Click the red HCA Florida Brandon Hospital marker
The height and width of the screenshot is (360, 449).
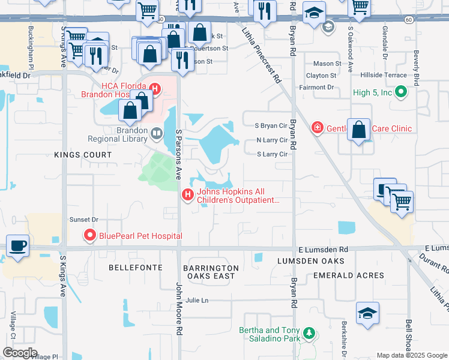pos(155,90)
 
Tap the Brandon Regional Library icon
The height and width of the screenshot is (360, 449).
pos(156,133)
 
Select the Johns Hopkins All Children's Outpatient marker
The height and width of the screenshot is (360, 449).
pos(187,196)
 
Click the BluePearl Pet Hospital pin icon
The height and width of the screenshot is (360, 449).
pos(90,235)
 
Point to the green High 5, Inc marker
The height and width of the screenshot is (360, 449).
pos(402,92)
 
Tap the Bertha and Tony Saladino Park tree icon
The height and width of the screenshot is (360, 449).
pos(309,332)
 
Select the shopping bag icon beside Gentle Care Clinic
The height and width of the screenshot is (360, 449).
pos(358,130)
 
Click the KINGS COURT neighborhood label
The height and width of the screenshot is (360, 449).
pos(83,155)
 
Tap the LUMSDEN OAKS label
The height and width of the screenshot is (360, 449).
pos(311,261)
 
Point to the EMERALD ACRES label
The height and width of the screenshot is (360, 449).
pos(349,275)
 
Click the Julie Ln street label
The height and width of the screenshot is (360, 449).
pos(197,300)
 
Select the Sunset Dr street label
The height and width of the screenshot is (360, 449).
pos(83,220)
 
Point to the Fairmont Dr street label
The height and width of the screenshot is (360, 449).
pos(316,88)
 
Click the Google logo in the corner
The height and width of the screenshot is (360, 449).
pos(20,353)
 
